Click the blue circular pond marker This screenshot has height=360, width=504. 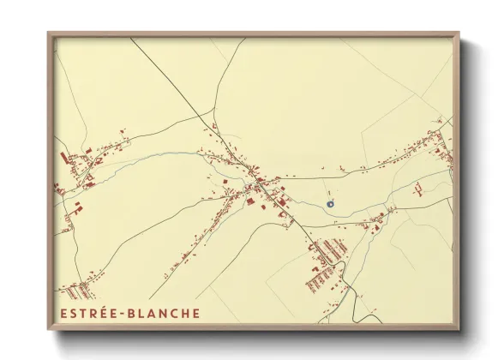[x=330, y=203]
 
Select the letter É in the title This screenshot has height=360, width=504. [x=101, y=313]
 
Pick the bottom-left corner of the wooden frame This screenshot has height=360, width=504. [x=48, y=330]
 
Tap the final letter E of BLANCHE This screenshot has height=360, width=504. [x=195, y=313]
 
